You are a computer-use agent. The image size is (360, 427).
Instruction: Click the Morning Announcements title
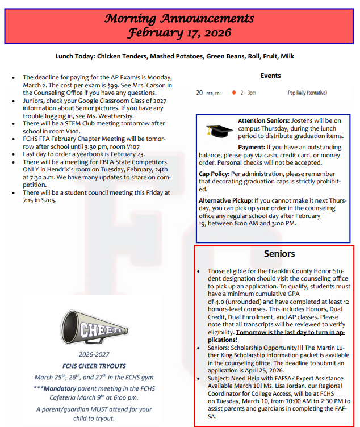pyautogui.click(x=179, y=18)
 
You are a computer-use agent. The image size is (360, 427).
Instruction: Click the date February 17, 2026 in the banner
pyautogui.click(x=179, y=32)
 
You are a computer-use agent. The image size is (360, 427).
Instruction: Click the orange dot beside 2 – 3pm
pyautogui.click(x=233, y=92)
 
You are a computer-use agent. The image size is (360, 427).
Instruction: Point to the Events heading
pyautogui.click(x=270, y=76)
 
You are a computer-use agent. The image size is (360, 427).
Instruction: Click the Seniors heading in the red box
pyautogui.click(x=279, y=253)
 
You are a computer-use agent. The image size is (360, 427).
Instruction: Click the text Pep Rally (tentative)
pyautogui.click(x=307, y=92)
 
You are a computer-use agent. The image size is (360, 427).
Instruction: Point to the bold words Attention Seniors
pyautogui.click(x=263, y=121)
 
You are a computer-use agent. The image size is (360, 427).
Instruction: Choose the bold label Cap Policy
pyautogui.click(x=214, y=174)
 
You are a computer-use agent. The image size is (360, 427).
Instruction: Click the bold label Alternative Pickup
pyautogui.click(x=225, y=200)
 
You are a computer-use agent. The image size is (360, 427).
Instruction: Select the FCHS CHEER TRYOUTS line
pyautogui.click(x=94, y=365)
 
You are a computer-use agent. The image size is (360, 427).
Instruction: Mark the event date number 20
pyautogui.click(x=199, y=92)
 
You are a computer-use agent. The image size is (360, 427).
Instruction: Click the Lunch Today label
pyautogui.click(x=76, y=57)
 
